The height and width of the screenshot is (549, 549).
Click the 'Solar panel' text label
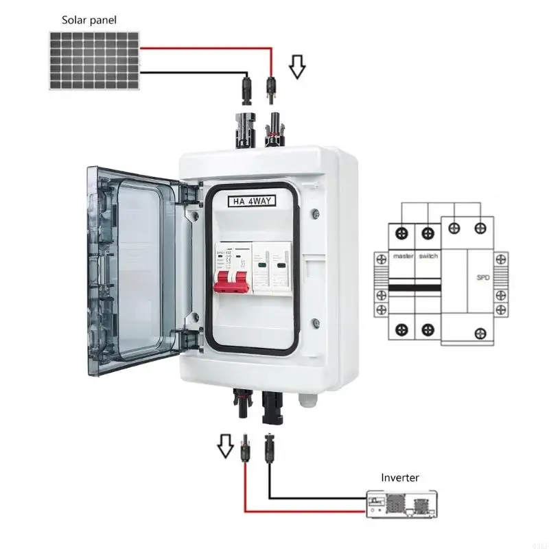pos(89,20)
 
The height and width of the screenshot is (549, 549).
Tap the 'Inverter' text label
pos(400,477)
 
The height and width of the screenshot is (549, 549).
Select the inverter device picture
pos(401,504)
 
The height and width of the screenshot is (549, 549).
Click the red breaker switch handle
pos(232,281)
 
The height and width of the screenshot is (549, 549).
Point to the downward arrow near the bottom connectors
pos(224,447)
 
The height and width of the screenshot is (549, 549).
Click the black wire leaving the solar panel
pos(192,71)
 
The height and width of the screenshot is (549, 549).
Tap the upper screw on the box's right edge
pos(315,212)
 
